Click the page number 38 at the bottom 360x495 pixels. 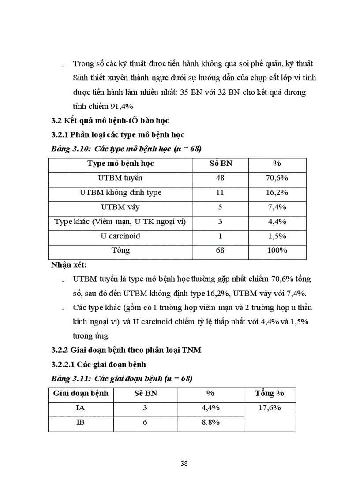pyautogui.click(x=184, y=463)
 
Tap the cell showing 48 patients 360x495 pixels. pyautogui.click(x=221, y=178)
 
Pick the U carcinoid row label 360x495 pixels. pyautogui.click(x=120, y=236)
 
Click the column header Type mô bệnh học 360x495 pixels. pyautogui.click(x=120, y=164)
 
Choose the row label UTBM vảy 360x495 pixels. pyautogui.click(x=120, y=207)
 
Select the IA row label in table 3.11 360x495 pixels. pyautogui.click(x=80, y=408)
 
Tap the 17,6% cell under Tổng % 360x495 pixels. pyautogui.click(x=270, y=408)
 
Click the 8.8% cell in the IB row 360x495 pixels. pyautogui.click(x=210, y=422)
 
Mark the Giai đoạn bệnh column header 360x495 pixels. pyautogui.click(x=80, y=393)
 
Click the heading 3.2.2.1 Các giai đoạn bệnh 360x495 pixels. pyautogui.click(x=99, y=365)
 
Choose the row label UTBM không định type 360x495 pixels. pyautogui.click(x=120, y=193)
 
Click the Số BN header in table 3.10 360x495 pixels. pyautogui.click(x=221, y=164)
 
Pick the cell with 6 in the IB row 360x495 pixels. pyautogui.click(x=145, y=422)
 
